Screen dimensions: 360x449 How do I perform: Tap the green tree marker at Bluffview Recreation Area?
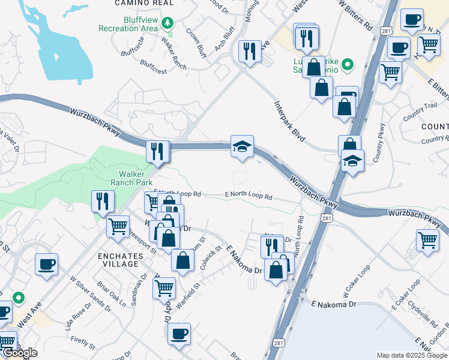[x=170, y=23]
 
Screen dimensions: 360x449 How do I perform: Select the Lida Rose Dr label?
[x=79, y=316]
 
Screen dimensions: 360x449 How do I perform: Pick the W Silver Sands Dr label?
[x=90, y=295]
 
